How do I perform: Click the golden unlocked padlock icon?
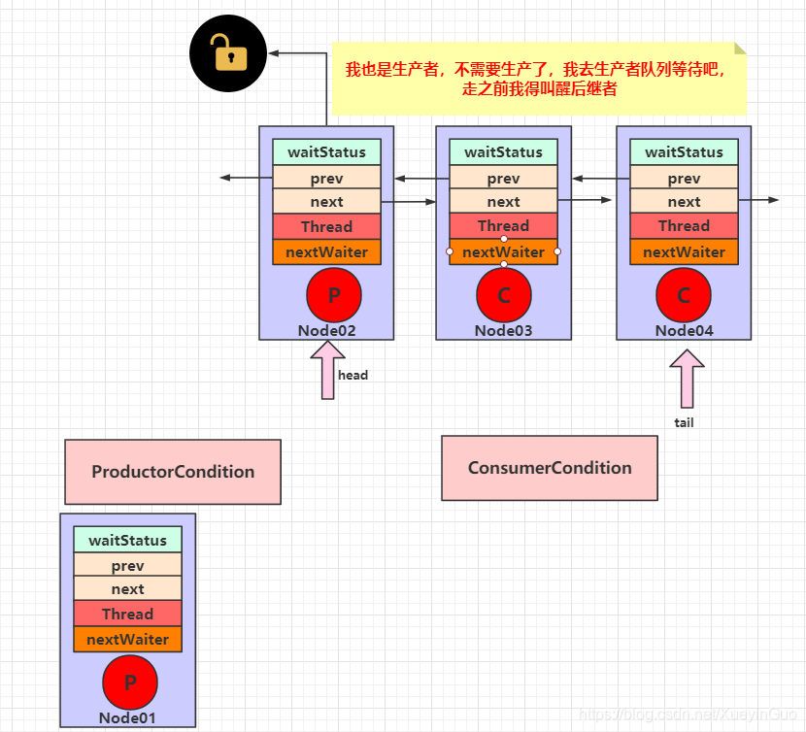point(228,52)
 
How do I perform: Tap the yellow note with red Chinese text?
point(540,79)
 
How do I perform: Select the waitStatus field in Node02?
point(326,152)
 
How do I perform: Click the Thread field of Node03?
point(503,226)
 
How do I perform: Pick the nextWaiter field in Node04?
point(684,252)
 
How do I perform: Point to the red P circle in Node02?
point(333,296)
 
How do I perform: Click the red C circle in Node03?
point(503,296)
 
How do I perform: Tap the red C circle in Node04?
point(684,296)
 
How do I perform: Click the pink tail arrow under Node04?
point(687,379)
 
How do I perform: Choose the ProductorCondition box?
point(173,472)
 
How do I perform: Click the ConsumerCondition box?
point(550,468)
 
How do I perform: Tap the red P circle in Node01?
point(129,683)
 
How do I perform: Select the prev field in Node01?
point(127,565)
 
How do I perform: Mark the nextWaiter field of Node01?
point(127,640)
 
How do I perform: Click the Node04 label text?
point(684,330)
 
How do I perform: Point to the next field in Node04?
point(684,202)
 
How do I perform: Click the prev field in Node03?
point(503,179)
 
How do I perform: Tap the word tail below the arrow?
point(685,422)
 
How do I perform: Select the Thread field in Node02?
point(326,226)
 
